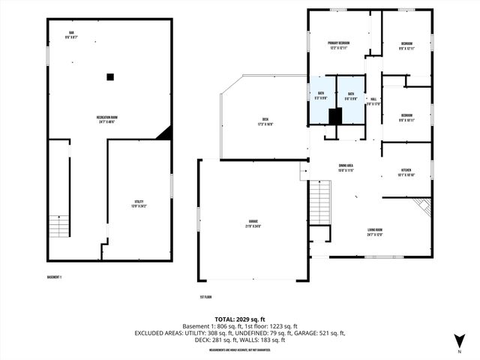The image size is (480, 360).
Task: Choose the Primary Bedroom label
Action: click(340, 46)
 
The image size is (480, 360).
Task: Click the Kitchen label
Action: click(405, 173)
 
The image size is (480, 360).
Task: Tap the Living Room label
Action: click(374, 232)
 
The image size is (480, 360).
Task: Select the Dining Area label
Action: click(346, 169)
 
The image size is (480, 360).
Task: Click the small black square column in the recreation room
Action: click(110, 76)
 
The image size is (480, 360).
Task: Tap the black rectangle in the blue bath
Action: click(335, 115)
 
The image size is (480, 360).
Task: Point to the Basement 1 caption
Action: click(54, 277)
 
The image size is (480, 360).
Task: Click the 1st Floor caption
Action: click(208, 296)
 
